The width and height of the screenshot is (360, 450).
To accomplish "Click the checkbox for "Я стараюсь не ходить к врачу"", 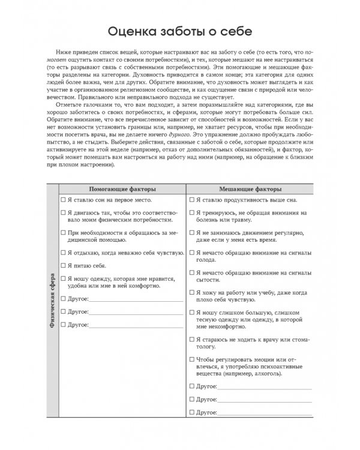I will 192,339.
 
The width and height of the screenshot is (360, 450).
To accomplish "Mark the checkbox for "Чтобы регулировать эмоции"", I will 192,359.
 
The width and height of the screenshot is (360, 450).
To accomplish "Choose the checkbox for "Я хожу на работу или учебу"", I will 192,292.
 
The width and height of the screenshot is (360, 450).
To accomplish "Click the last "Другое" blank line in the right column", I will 265,413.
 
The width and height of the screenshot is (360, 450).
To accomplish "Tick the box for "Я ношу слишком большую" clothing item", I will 192,312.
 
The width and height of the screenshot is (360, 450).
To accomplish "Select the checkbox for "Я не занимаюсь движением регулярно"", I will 192,232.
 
